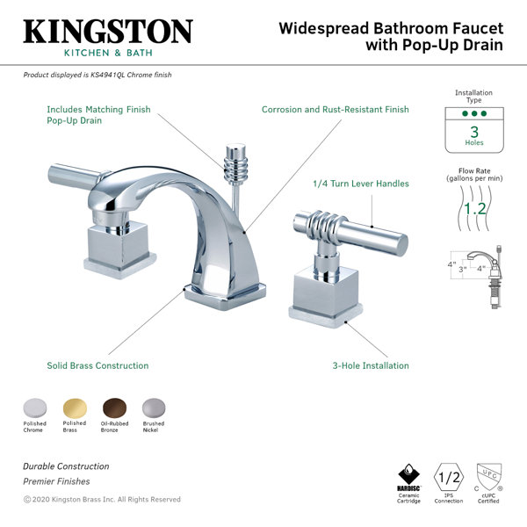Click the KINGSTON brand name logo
(x=108, y=32)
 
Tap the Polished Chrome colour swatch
(x=35, y=408)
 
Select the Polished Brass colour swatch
(x=75, y=408)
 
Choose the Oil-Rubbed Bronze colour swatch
(x=114, y=408)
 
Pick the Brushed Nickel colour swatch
(x=154, y=408)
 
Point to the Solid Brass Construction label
(x=97, y=365)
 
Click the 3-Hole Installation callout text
(x=371, y=365)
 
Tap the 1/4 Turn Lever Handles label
(x=361, y=184)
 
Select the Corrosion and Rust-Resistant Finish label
(x=336, y=110)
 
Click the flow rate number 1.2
(x=474, y=209)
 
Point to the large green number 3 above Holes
(x=474, y=132)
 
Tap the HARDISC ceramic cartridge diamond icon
(x=408, y=474)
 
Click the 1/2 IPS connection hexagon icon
(x=449, y=477)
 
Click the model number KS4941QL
(x=107, y=75)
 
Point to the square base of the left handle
(x=119, y=249)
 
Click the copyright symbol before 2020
(x=27, y=500)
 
